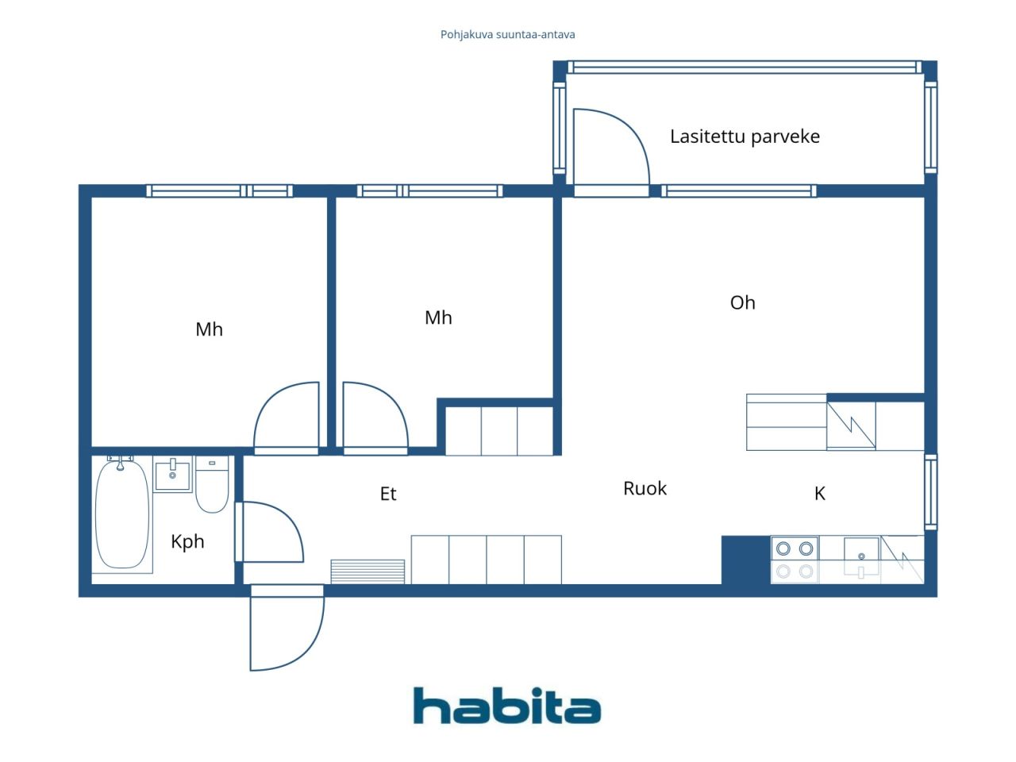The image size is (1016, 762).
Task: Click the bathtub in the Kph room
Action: click(122, 514)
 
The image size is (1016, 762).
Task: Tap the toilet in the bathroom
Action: click(212, 484)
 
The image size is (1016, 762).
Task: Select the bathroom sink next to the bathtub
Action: click(172, 474)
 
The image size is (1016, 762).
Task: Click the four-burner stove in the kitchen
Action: click(795, 560)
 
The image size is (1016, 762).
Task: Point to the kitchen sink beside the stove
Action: click(861, 557)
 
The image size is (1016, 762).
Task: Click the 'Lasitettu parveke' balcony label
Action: click(745, 137)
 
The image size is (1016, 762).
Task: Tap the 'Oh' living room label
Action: click(742, 302)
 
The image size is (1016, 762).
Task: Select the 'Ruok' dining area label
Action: click(645, 489)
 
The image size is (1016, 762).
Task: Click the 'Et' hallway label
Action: click(388, 495)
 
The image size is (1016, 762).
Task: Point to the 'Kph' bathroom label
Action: click(187, 542)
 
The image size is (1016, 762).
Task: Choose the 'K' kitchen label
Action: click(820, 494)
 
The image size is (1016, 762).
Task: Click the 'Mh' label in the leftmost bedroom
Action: click(210, 329)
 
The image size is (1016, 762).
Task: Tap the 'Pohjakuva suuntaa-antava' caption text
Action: click(507, 35)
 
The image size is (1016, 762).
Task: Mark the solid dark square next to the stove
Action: click(746, 560)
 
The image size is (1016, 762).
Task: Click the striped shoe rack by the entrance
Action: click(368, 571)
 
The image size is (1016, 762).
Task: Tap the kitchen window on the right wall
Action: click(931, 492)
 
